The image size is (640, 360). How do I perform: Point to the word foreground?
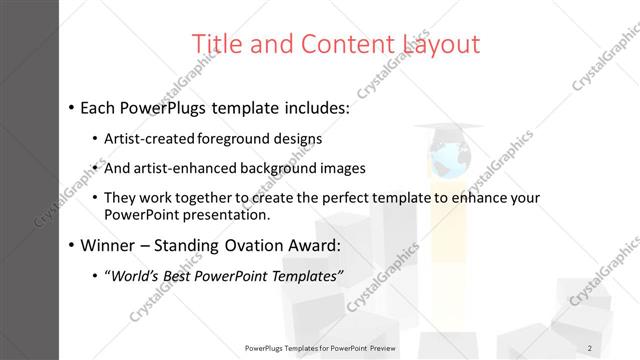(237, 138)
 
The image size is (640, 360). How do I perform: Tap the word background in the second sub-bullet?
(286, 168)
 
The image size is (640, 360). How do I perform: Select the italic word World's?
(134, 275)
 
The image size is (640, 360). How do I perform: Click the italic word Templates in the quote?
(305, 275)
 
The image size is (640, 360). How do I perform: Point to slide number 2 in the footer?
(590, 347)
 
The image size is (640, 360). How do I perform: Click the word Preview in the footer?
(381, 347)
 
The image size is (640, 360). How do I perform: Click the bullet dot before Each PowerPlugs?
(71, 107)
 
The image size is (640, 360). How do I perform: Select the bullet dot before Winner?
(71, 245)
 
